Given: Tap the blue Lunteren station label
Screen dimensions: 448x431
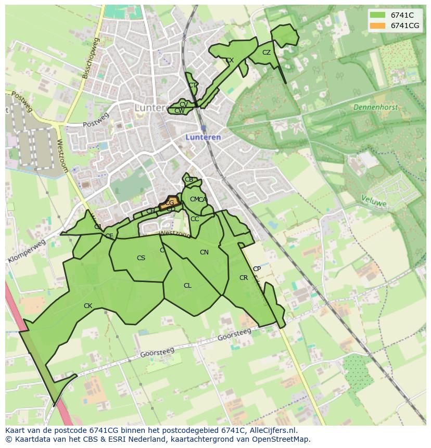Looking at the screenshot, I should [x=204, y=137].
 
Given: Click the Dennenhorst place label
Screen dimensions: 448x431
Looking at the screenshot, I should [x=375, y=107].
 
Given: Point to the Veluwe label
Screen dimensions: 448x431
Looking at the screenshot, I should [x=374, y=201].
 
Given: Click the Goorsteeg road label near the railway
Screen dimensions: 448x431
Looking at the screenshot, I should [x=234, y=335].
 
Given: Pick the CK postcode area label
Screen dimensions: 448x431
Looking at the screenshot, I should [x=88, y=306].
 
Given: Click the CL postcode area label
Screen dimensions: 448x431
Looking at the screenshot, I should [x=187, y=286].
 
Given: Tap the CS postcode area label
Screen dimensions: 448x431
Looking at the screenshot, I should [x=141, y=258].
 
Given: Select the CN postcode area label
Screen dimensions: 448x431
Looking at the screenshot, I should [x=204, y=252].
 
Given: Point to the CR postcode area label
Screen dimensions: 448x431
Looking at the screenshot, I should [x=244, y=278].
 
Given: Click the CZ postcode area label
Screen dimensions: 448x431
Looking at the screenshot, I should [x=267, y=53].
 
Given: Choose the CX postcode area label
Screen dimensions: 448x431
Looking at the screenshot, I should [x=230, y=60].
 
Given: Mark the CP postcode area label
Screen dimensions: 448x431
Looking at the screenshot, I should [x=257, y=269].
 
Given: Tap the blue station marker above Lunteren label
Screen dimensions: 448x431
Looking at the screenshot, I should [x=203, y=127].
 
